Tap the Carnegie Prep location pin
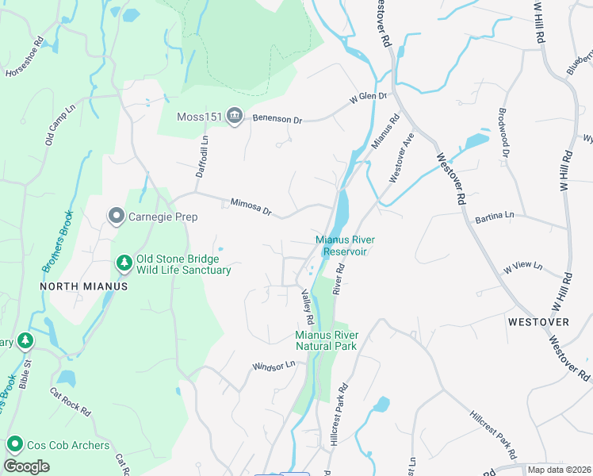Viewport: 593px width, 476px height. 117,216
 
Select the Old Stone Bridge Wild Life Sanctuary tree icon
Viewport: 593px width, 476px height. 124,262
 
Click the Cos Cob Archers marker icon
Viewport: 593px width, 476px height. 14,445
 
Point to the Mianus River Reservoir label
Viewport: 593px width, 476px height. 344,245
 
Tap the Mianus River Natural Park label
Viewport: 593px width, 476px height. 326,340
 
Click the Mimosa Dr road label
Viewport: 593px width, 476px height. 251,207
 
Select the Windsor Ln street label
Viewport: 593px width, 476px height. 274,366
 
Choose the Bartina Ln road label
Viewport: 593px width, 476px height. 495,215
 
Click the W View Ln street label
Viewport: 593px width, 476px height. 522,267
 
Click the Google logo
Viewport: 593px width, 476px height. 27,466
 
